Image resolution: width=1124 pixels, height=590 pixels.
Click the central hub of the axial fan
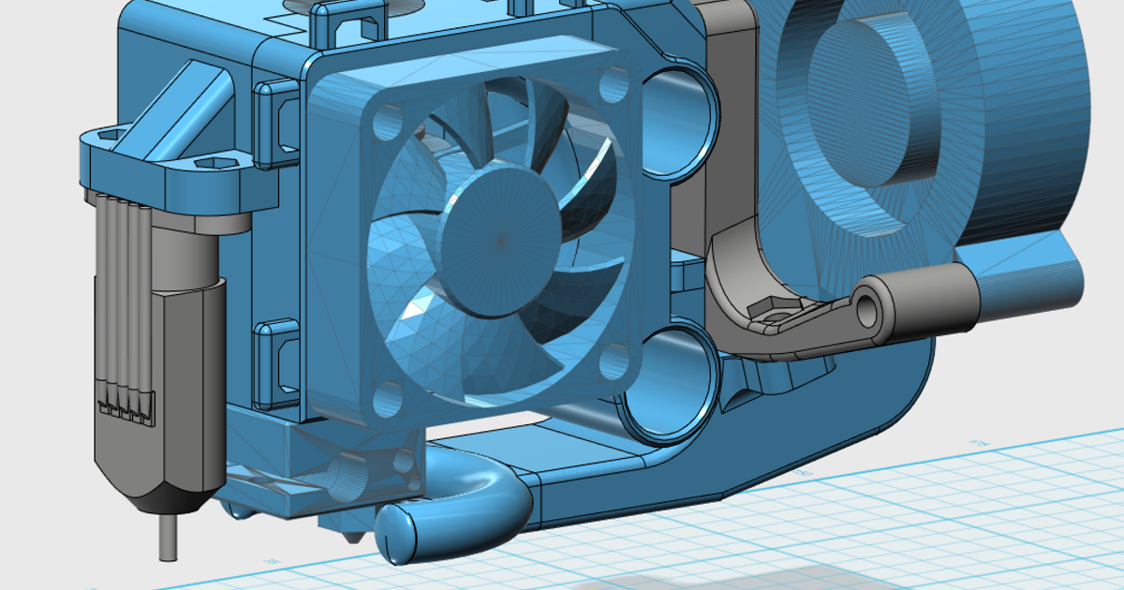tap(500, 240)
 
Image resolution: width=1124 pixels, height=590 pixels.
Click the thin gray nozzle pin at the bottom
tap(168, 538)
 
